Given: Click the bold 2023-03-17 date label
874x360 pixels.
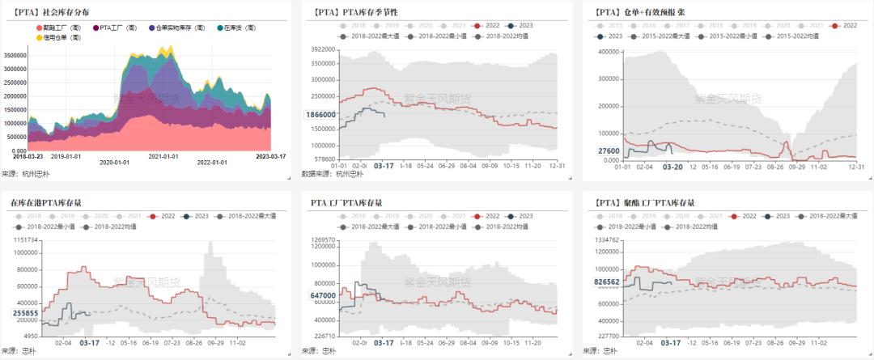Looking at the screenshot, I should (x=271, y=155).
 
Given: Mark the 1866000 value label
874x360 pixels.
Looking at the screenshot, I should (x=320, y=115).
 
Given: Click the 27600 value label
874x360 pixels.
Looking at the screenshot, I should (x=609, y=151).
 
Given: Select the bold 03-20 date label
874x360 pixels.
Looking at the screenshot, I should (x=673, y=167).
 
